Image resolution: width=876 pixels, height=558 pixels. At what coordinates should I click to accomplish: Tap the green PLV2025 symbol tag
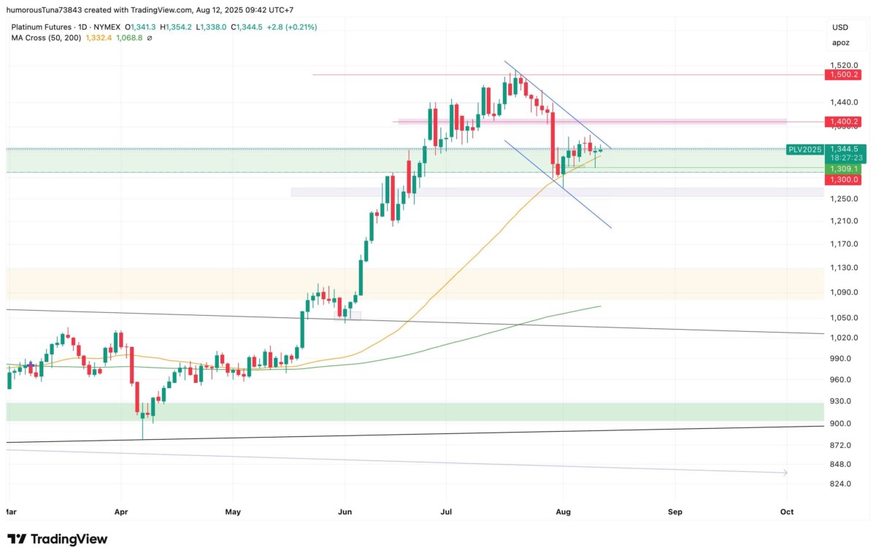pyautogui.click(x=804, y=149)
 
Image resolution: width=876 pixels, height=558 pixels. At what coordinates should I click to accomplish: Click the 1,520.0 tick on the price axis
pyautogui.click(x=842, y=65)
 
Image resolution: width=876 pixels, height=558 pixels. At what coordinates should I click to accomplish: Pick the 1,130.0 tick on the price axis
pyautogui.click(x=842, y=268)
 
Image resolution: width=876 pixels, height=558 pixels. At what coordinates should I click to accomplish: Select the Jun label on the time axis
pyautogui.click(x=345, y=512)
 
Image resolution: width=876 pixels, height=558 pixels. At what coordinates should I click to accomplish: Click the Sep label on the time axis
pyautogui.click(x=675, y=512)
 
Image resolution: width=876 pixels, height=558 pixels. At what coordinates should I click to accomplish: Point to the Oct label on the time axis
pyautogui.click(x=786, y=512)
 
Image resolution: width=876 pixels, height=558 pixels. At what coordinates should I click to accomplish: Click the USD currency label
pyautogui.click(x=840, y=27)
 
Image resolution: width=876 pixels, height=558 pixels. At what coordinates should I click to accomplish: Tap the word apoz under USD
pyautogui.click(x=840, y=42)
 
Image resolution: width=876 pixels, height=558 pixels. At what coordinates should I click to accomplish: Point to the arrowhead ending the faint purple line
pyautogui.click(x=785, y=473)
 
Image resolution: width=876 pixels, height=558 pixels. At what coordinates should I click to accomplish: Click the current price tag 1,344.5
pyautogui.click(x=842, y=149)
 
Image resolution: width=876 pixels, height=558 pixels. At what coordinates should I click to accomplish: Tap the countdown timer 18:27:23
pyautogui.click(x=842, y=158)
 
